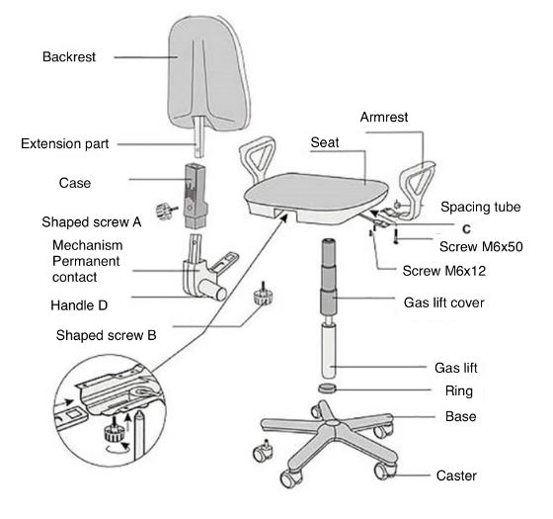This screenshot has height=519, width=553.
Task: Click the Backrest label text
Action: [x=69, y=56]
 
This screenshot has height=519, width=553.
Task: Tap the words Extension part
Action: [x=65, y=143]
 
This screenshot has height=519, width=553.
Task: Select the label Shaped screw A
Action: [x=91, y=222]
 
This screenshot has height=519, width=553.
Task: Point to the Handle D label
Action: [x=79, y=305]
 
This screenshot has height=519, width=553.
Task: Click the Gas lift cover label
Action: [x=444, y=303]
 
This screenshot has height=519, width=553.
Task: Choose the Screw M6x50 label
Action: [x=481, y=246]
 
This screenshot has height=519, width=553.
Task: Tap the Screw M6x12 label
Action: [x=444, y=271]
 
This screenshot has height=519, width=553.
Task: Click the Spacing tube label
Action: [x=480, y=207]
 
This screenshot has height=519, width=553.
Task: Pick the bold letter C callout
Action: [x=466, y=229]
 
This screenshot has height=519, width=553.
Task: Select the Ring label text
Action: [x=459, y=391]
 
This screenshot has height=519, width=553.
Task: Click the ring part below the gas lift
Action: [x=328, y=388]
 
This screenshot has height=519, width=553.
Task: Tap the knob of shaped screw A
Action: [x=163, y=212]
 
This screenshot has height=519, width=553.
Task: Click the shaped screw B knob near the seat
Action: [x=264, y=296]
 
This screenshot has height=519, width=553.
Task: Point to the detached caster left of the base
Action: [x=263, y=451]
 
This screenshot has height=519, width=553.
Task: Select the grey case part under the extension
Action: [x=195, y=196]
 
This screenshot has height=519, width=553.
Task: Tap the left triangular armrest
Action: [x=258, y=158]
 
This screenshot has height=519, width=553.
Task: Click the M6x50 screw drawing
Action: [x=396, y=237]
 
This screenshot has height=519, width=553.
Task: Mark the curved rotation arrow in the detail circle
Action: [x=118, y=448]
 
